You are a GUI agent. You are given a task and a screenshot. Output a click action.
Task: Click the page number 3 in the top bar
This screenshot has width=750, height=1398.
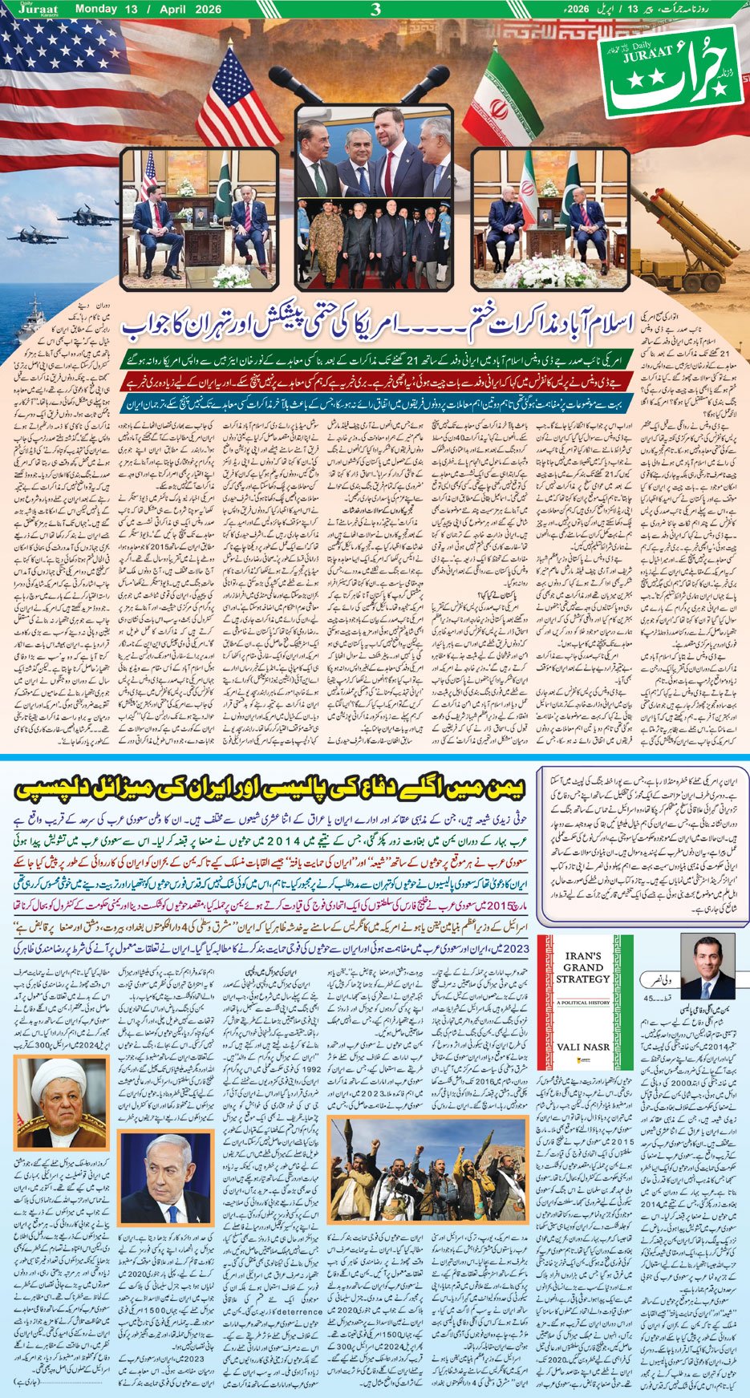(x=375, y=10)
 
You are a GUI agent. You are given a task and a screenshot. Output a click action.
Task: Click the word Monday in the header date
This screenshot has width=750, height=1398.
(x=97, y=9)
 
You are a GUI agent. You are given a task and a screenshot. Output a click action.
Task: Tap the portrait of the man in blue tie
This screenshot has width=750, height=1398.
(x=706, y=966)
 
